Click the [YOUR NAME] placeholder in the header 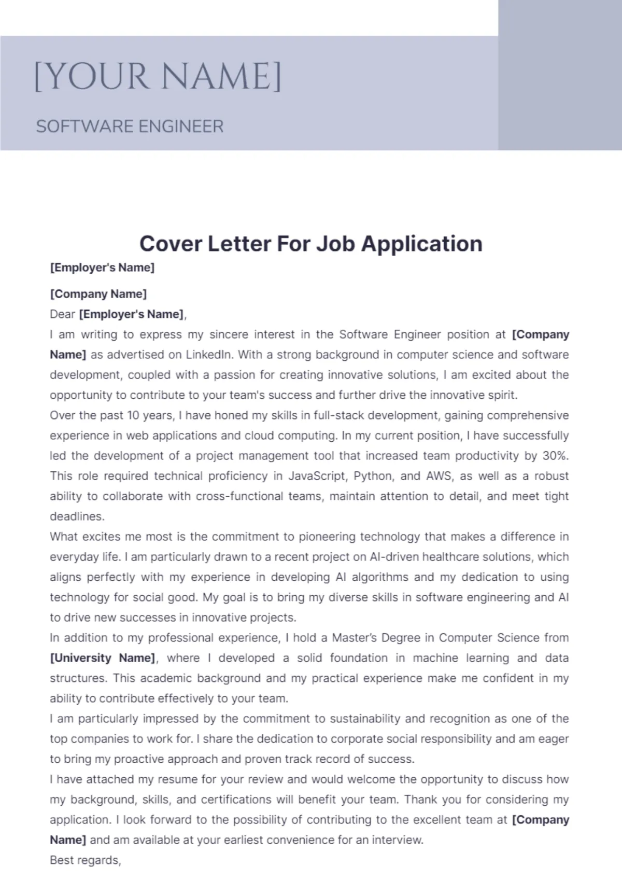click(158, 77)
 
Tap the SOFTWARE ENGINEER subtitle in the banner click(130, 127)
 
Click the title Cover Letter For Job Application click(310, 243)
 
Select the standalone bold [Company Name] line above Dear click(98, 294)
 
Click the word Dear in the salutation click(63, 314)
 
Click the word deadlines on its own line click(77, 516)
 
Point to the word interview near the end click(399, 840)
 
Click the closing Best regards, click(86, 860)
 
